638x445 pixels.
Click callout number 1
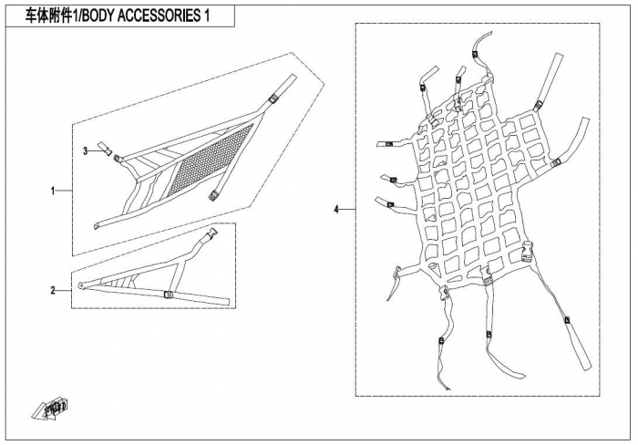point(53,191)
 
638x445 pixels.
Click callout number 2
point(53,291)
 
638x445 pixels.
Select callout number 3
point(86,151)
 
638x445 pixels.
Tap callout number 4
point(336,210)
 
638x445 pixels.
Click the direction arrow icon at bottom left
point(49,408)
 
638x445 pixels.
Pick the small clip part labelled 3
point(105,148)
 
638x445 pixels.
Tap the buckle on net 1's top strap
point(273,98)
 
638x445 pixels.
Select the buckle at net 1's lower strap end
point(212,196)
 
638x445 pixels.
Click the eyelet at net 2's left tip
point(82,286)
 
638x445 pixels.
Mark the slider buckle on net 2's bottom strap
point(168,295)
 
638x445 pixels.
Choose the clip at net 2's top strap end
point(212,233)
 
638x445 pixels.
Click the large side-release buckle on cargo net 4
point(527,251)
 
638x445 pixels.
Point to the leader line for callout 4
point(347,210)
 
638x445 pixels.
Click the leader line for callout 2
point(64,291)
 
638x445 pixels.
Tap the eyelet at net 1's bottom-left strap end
point(97,226)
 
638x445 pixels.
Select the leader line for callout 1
point(64,191)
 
